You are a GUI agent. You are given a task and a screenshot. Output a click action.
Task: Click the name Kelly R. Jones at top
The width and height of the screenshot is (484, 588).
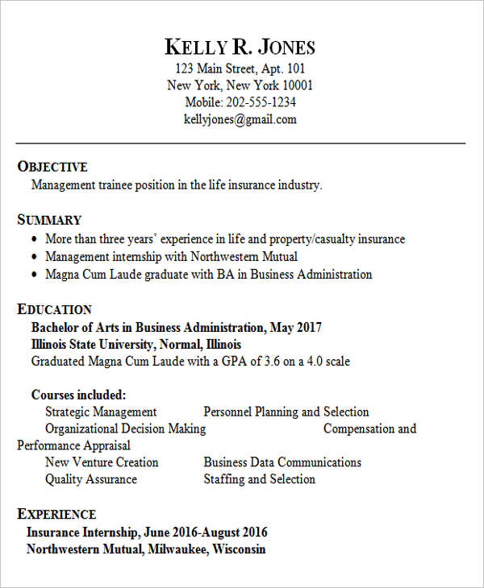pyautogui.click(x=240, y=47)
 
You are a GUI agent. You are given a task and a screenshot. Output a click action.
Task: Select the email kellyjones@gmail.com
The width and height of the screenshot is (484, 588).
pyautogui.click(x=240, y=119)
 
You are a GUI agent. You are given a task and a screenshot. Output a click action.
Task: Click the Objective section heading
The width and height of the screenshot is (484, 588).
pyautogui.click(x=52, y=167)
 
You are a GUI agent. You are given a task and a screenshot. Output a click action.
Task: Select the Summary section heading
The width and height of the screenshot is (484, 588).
pyautogui.click(x=50, y=220)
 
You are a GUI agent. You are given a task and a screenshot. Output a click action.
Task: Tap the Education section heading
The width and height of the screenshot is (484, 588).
pyautogui.click(x=55, y=309)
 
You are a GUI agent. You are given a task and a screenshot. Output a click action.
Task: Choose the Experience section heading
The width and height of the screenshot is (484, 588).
pyautogui.click(x=56, y=514)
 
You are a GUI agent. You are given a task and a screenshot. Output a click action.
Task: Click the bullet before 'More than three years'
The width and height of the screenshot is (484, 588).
pyautogui.click(x=34, y=240)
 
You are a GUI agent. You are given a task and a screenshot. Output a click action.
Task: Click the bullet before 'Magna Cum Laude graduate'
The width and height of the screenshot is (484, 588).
pyautogui.click(x=34, y=275)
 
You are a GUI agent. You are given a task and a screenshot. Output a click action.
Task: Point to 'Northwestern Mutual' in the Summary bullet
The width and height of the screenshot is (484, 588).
pyautogui.click(x=244, y=257)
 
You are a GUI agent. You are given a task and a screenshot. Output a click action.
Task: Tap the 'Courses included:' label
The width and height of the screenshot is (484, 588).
pyautogui.click(x=78, y=395)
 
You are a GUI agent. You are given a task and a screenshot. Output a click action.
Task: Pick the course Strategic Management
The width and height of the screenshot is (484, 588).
pyautogui.click(x=101, y=412)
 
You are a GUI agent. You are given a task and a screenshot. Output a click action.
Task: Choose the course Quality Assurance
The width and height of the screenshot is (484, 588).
pyautogui.click(x=91, y=479)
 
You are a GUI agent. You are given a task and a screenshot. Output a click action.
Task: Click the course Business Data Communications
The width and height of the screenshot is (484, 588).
pyautogui.click(x=282, y=462)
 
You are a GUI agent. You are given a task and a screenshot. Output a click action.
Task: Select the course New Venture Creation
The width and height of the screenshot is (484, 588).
pyautogui.click(x=102, y=462)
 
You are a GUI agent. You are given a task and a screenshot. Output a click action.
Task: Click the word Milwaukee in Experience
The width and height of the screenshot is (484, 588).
pyautogui.click(x=177, y=549)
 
